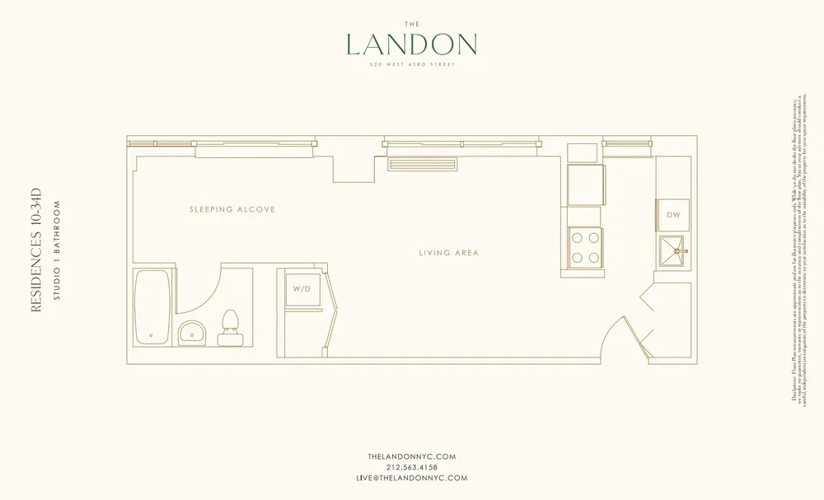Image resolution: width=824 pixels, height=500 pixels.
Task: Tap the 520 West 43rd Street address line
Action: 412,65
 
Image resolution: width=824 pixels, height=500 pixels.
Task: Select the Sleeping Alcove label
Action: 232,210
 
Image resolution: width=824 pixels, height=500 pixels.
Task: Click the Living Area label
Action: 449,253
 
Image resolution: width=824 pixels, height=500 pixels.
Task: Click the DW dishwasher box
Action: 673,214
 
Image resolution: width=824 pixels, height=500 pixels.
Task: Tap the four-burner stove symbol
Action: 585,244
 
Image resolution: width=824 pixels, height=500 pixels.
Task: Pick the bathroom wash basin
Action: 193,332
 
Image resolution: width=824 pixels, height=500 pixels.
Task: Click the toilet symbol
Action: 228,329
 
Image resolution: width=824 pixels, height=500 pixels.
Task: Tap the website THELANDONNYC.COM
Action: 412,456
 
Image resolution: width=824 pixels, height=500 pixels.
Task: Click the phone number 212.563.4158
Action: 412,467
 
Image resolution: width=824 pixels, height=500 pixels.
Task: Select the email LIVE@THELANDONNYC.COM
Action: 412,478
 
